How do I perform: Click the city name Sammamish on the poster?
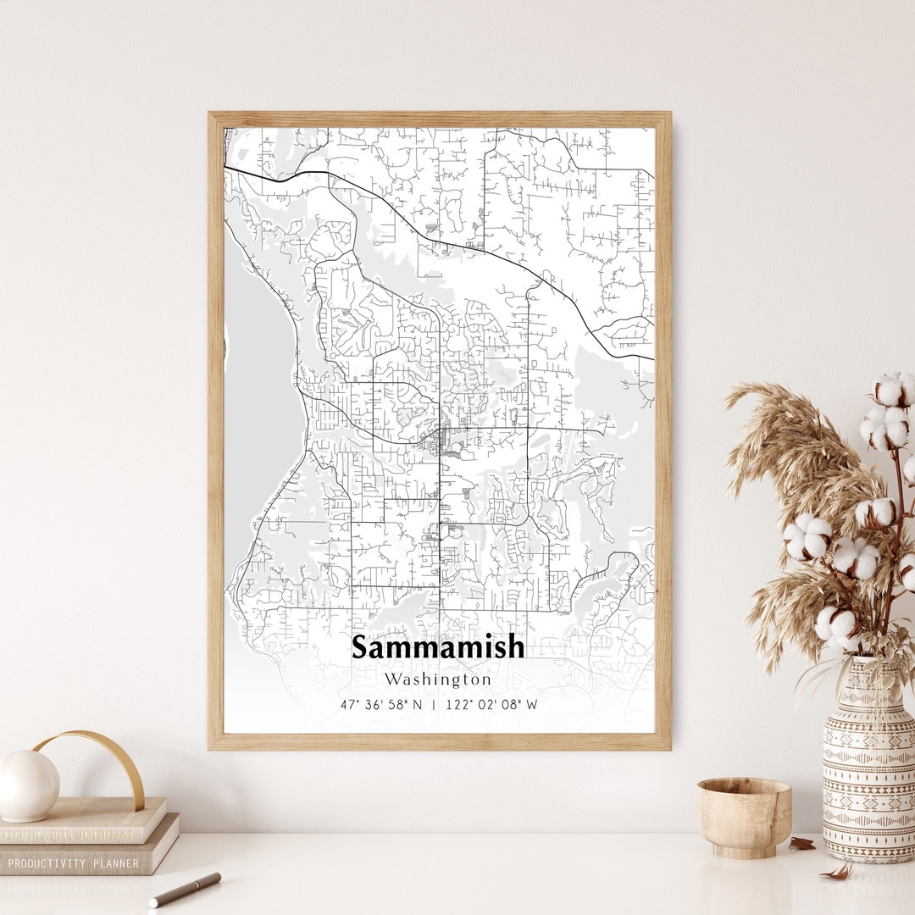coord(438,647)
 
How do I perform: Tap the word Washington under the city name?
coord(437,679)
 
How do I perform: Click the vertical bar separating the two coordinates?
coord(434,704)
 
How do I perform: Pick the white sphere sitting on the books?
coord(28,785)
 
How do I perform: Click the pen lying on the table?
coord(185,890)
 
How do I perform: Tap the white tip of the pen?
coord(154,902)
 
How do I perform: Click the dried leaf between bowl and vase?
coord(801,844)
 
